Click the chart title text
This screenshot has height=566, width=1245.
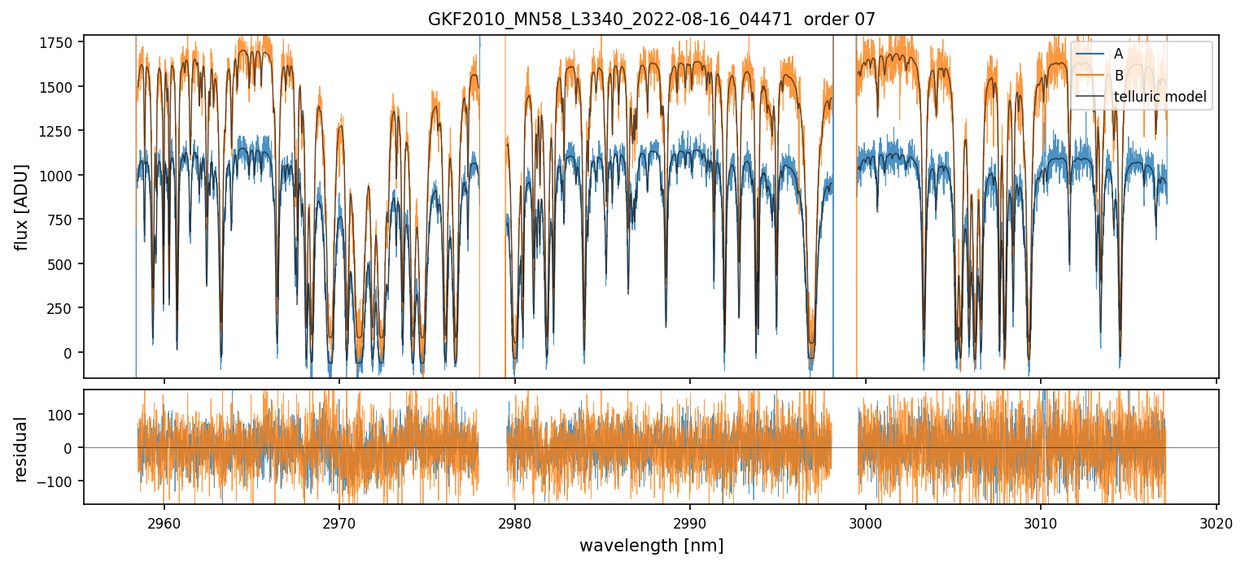(x=651, y=20)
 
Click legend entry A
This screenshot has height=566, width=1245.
(x=1118, y=54)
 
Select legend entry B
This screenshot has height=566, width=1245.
(x=1118, y=76)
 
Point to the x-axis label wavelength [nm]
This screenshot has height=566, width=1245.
(x=651, y=545)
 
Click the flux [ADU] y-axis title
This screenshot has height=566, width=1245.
(x=21, y=207)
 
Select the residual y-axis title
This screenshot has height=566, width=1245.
(x=21, y=449)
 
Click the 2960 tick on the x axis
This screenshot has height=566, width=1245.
(x=164, y=521)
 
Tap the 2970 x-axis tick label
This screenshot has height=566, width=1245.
(x=339, y=521)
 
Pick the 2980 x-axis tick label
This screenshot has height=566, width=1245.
(x=515, y=521)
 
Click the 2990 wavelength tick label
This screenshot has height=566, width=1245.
(x=690, y=521)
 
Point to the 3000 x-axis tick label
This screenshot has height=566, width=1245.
(x=866, y=521)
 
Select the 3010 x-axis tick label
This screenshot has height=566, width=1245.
(x=1041, y=521)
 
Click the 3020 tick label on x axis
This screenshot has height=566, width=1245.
(x=1216, y=521)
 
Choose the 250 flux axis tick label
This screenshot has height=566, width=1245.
(x=65, y=308)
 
